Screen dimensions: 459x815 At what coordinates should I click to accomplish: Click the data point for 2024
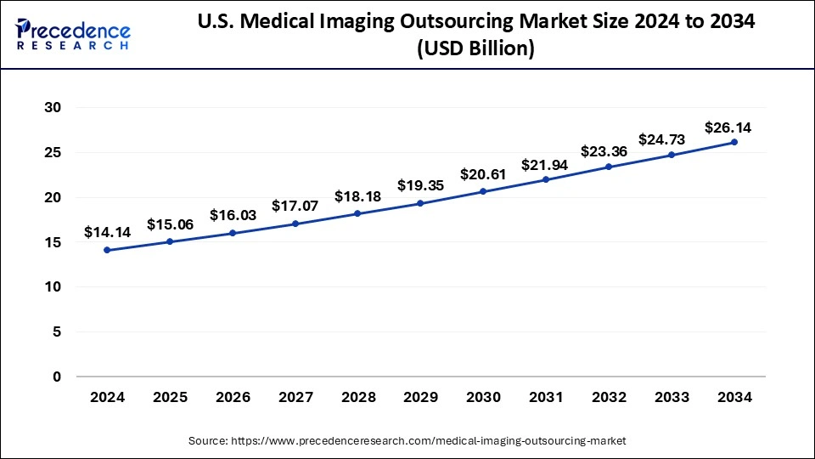coord(108,250)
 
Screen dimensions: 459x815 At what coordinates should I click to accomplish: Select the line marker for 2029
coord(421,203)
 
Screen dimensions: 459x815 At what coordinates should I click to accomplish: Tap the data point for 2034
coord(734,142)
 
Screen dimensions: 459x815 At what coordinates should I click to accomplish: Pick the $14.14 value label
coord(108,231)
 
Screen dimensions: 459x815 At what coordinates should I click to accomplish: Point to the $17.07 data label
coord(295,205)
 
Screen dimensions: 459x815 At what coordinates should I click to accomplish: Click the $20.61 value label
coord(484,174)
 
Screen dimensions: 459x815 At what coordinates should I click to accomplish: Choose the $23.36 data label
coord(609,151)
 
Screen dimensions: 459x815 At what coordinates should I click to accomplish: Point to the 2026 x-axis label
coord(233,396)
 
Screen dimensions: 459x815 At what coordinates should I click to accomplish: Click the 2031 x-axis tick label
coord(546,396)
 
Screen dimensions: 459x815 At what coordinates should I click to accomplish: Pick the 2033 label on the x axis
coord(672,396)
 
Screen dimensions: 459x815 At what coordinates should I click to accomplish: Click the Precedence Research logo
coord(74,34)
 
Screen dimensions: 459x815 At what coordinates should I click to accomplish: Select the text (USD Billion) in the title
coord(475,50)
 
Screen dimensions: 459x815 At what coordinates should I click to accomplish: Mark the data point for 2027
coord(295,224)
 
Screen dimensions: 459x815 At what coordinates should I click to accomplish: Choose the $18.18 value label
coord(358,196)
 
